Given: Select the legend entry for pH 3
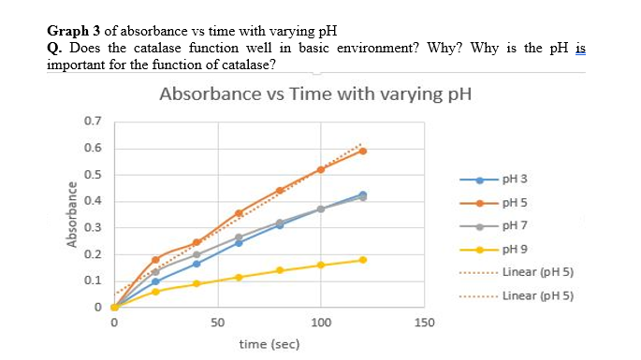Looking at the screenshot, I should click(x=517, y=179).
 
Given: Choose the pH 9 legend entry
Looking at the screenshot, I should click(x=517, y=250).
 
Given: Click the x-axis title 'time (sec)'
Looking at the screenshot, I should click(x=269, y=344).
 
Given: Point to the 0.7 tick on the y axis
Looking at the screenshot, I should click(x=93, y=122).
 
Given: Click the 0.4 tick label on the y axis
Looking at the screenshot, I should click(x=93, y=201).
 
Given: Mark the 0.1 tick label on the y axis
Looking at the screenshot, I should click(x=93, y=281).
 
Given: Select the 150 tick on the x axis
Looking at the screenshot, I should click(x=425, y=323).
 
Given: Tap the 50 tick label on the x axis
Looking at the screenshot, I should click(x=217, y=323).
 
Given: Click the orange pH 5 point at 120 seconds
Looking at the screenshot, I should click(x=362, y=151).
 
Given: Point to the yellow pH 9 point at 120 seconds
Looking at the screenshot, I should click(x=362, y=260).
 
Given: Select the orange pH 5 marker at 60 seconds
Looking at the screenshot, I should click(x=239, y=213).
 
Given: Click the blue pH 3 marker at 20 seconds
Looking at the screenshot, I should click(x=155, y=281).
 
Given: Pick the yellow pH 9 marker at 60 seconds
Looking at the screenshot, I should click(x=239, y=277).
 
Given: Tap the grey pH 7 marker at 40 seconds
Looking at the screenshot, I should click(x=197, y=254).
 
